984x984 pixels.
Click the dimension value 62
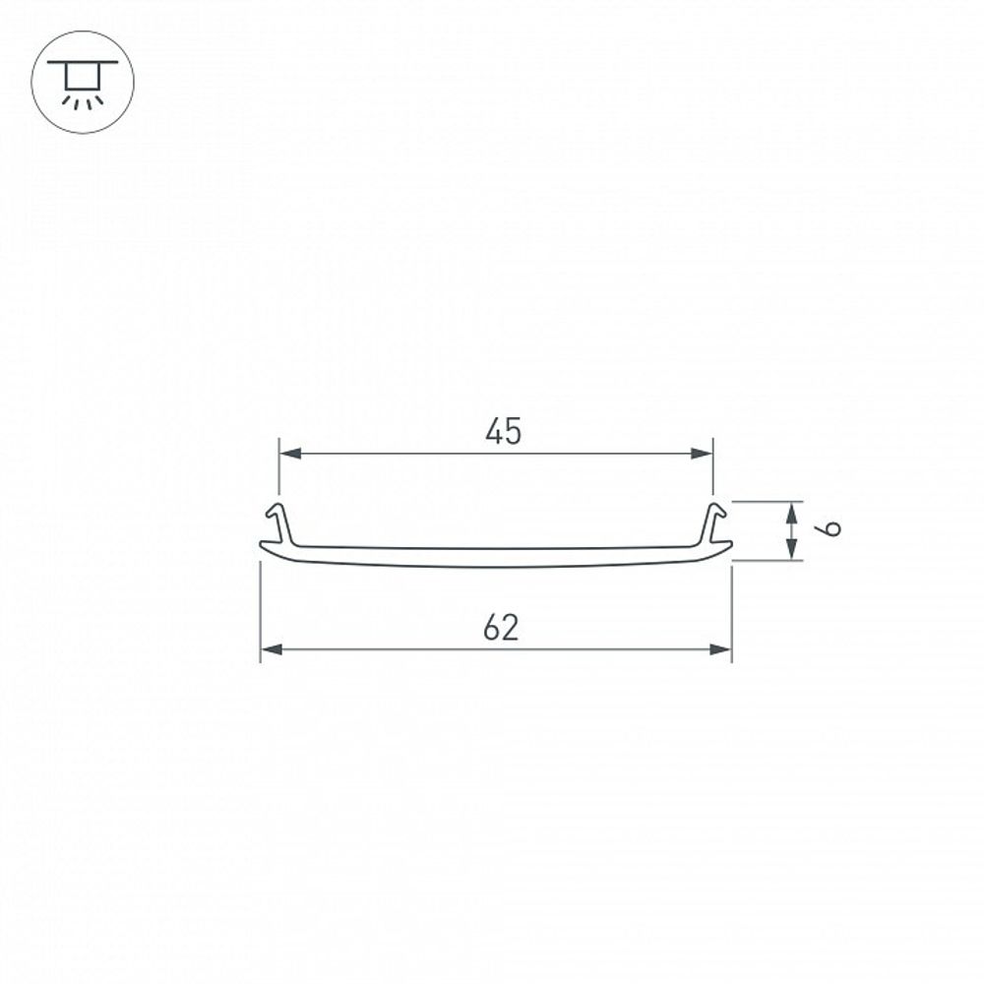501,628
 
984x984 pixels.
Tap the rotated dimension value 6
830,529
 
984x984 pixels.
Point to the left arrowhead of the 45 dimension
289,454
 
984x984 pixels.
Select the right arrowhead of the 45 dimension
702,454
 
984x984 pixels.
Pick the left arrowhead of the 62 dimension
271,649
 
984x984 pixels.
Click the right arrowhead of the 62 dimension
721,649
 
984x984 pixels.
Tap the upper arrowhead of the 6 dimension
791,510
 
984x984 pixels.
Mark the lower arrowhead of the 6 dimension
791,551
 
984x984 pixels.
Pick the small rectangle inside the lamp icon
83,76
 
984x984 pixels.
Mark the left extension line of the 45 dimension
279,467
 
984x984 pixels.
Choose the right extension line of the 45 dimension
712,467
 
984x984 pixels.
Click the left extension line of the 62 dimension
260,610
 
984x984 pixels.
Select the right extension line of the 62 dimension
732,610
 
